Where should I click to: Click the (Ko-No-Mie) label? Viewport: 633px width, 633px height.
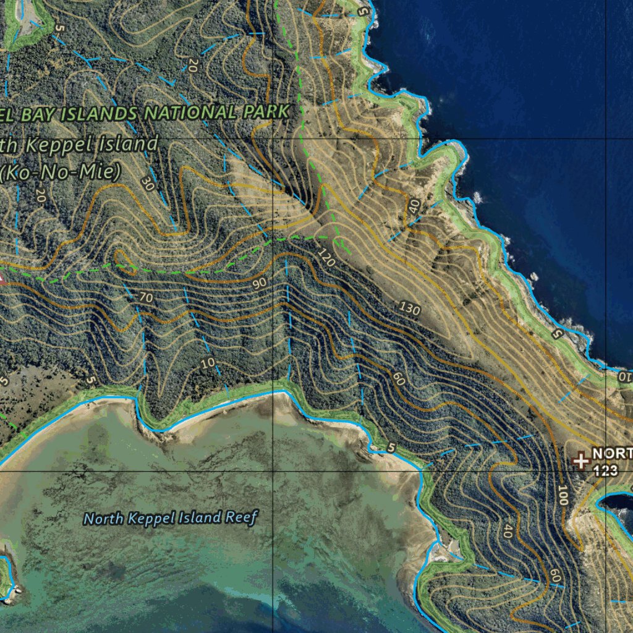point(60,172)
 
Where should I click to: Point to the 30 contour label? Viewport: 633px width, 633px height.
point(147,184)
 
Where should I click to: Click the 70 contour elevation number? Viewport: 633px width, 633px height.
point(146,298)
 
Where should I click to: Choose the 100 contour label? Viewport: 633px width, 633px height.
point(562,495)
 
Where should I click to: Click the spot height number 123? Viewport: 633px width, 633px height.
point(606,470)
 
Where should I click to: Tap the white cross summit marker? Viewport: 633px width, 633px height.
point(580,461)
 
